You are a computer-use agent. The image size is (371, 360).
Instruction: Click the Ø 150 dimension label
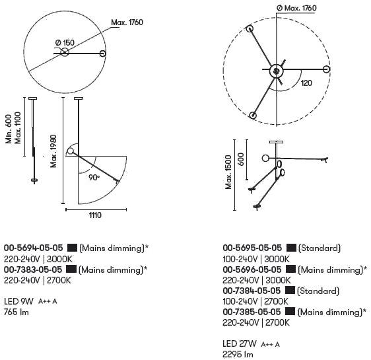tap(65, 43)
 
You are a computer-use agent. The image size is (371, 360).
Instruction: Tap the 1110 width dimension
tap(95, 215)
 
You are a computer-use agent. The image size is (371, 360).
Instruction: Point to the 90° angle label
tap(94, 177)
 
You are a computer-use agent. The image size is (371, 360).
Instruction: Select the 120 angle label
tap(306, 83)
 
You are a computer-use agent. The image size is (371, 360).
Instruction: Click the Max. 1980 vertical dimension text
tap(53, 151)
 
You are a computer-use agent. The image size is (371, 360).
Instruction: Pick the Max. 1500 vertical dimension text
tap(228, 172)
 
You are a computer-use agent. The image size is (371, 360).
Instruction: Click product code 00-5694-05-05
tap(34, 248)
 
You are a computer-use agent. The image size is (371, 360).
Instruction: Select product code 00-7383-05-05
tap(33, 270)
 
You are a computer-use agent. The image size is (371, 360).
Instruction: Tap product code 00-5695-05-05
tap(252, 248)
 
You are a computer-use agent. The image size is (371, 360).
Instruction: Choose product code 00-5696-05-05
tap(252, 270)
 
